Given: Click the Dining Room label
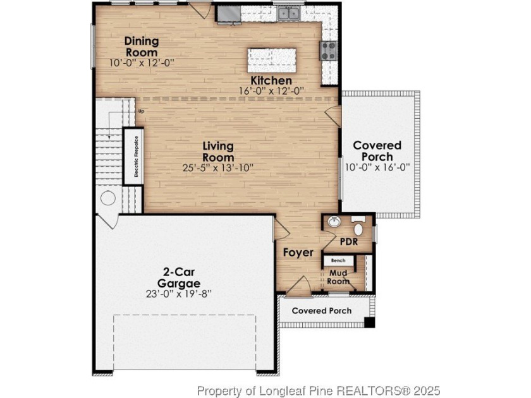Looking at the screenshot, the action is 142,47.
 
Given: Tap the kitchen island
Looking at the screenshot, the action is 272,60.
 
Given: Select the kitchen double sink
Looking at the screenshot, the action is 289,13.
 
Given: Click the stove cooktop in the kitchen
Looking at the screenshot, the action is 328,51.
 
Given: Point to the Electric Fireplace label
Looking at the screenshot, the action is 136,157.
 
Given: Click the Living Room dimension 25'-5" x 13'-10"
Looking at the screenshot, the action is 218,167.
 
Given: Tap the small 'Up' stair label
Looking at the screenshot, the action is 141,111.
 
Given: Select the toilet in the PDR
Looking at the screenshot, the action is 358,226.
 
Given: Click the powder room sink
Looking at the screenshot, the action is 334,222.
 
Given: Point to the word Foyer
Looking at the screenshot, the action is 298,253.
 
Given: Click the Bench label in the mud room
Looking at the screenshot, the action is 338,260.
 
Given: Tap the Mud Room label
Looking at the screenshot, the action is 338,277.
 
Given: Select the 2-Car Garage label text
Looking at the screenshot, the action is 178,277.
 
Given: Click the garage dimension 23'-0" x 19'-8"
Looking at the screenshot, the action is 179,293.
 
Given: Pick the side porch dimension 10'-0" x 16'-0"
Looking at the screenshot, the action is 377,167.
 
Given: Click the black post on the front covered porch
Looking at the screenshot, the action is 369,323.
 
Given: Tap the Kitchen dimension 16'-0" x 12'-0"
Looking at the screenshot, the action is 272,91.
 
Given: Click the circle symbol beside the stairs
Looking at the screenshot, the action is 108,198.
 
